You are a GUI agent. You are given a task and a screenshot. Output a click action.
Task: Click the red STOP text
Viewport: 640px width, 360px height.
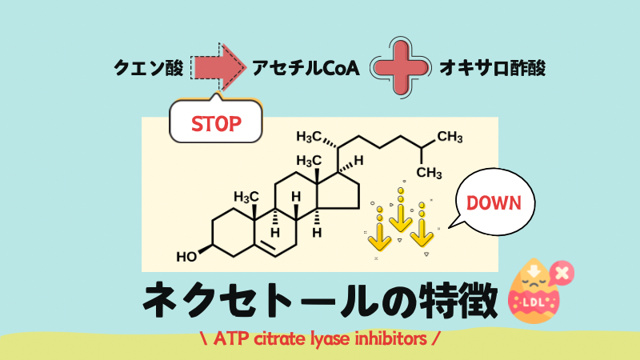pos(215,124)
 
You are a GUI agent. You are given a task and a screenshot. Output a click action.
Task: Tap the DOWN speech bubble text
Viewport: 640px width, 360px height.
pos(494,202)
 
